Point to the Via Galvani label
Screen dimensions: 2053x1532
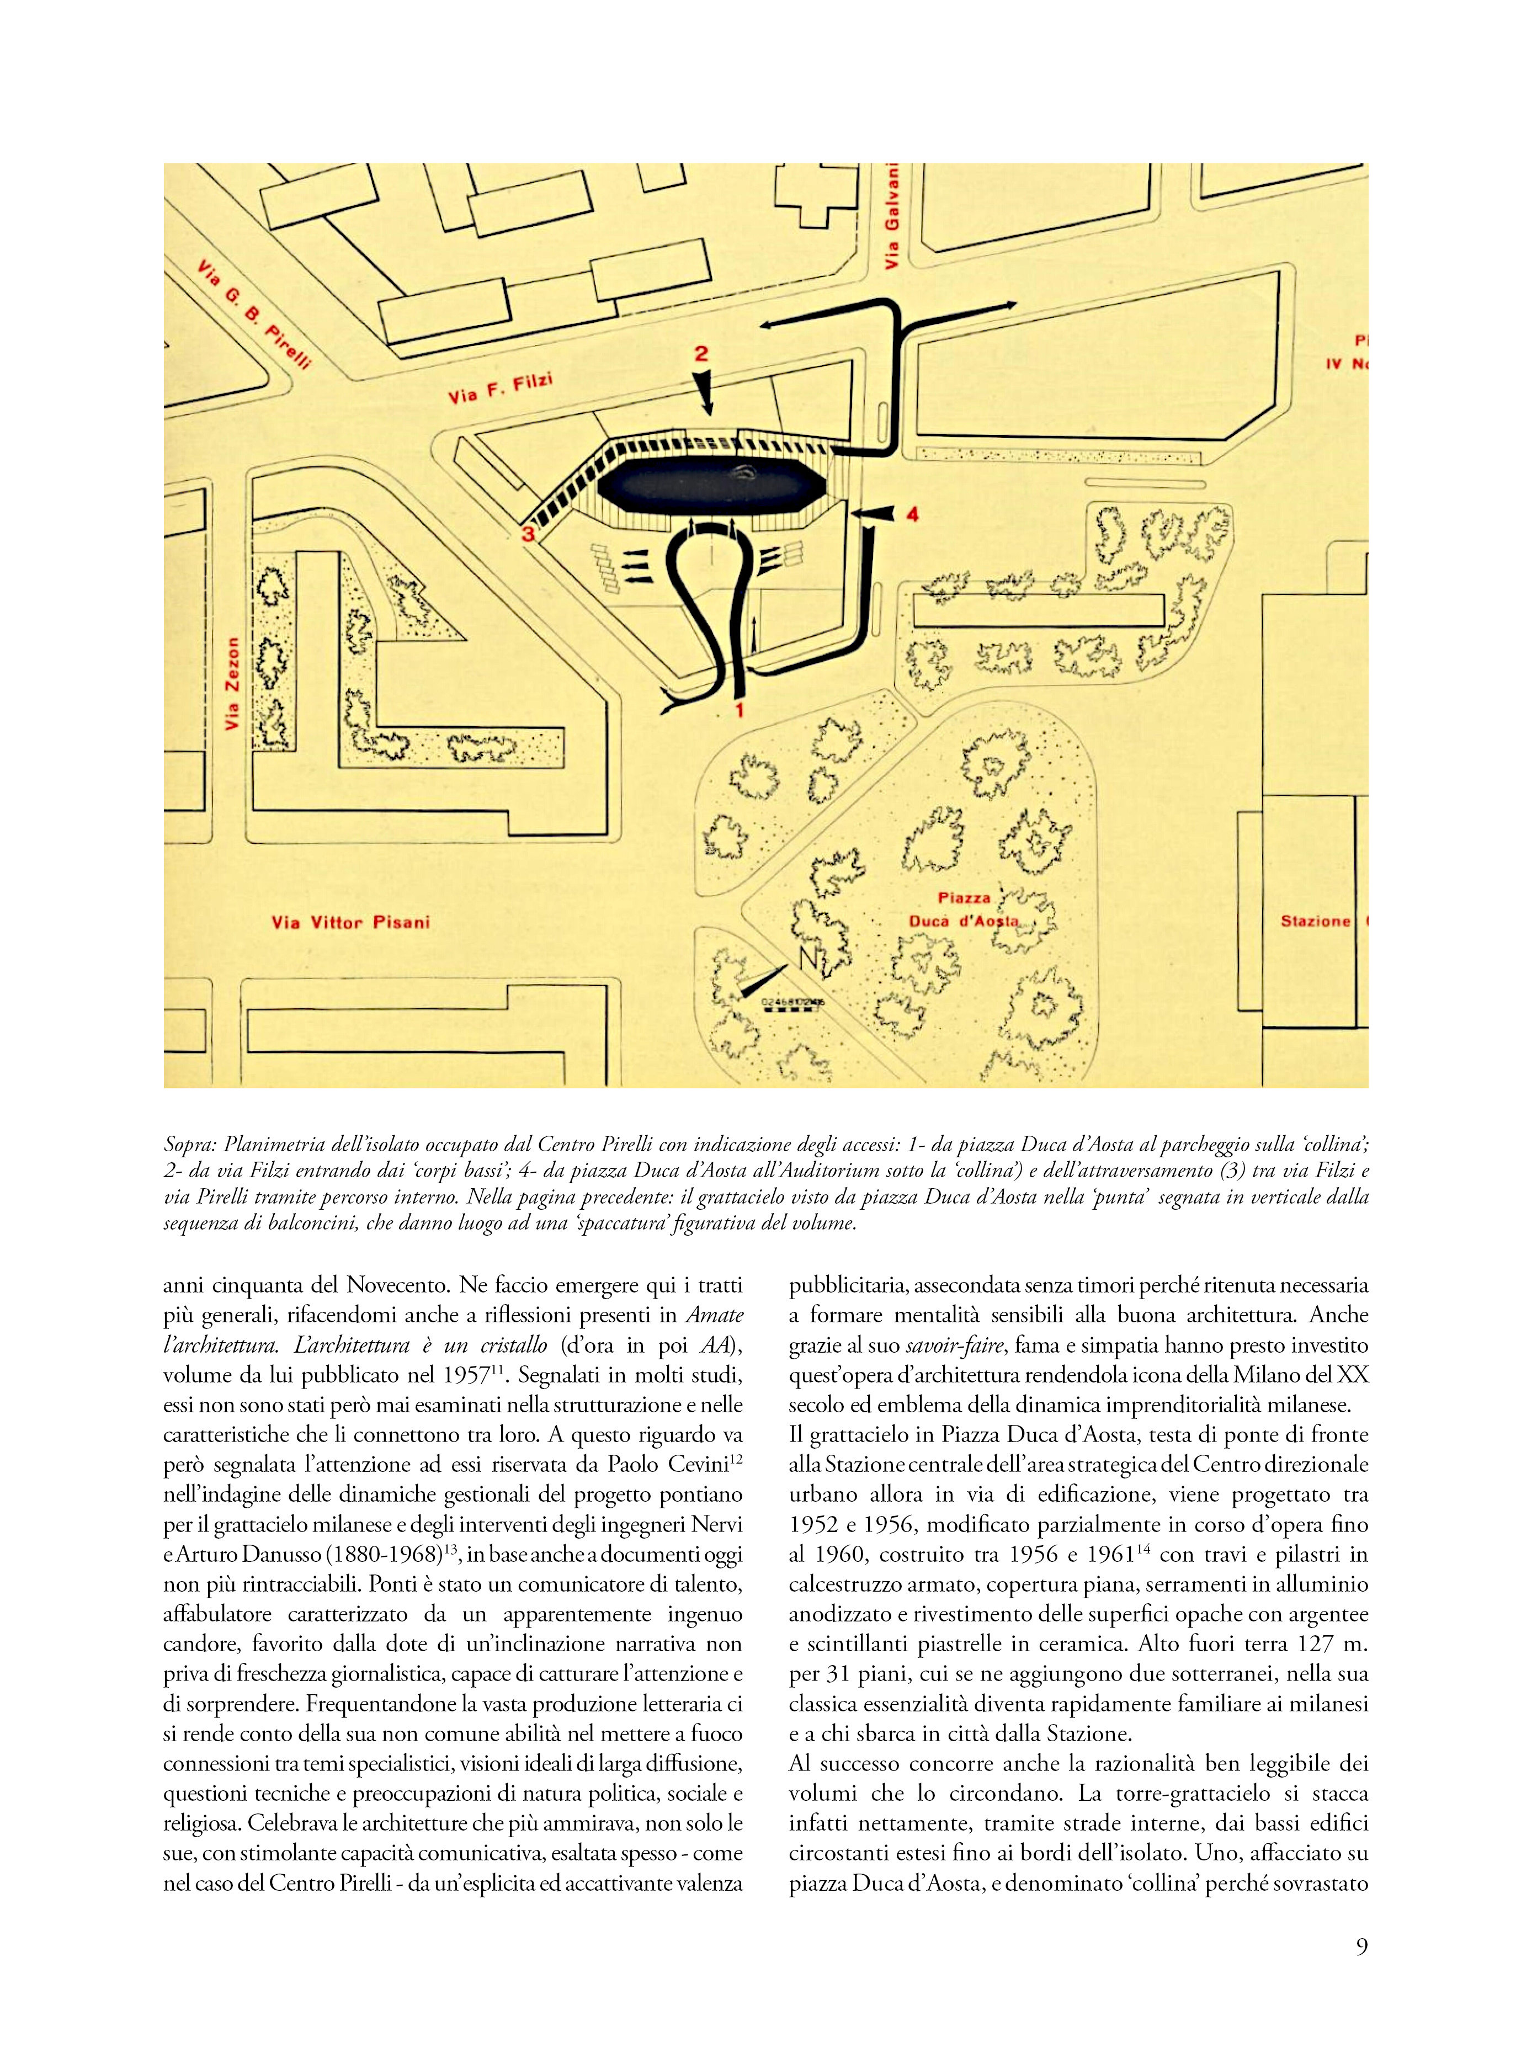click(892, 215)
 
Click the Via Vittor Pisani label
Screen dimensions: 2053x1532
click(350, 923)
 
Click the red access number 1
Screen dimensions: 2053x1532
click(739, 711)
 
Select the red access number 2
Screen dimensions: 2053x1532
click(701, 353)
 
